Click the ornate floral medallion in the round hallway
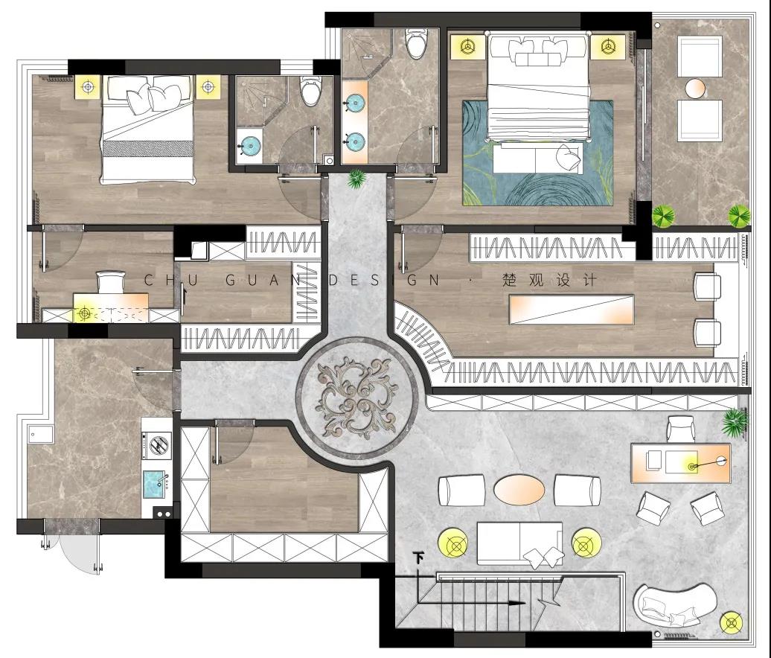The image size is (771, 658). click(358, 397)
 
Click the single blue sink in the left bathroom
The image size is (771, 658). click(250, 145)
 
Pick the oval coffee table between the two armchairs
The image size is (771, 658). click(519, 489)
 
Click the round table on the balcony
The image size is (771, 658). click(695, 89)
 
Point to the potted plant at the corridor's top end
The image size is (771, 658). click(356, 179)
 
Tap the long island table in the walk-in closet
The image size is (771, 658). click(572, 310)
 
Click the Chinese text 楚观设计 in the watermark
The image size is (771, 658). click(549, 281)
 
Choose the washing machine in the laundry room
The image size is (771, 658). click(157, 444)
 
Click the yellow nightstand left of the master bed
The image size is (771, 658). click(467, 46)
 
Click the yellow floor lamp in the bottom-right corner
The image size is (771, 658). click(731, 622)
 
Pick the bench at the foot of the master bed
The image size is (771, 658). click(538, 158)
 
